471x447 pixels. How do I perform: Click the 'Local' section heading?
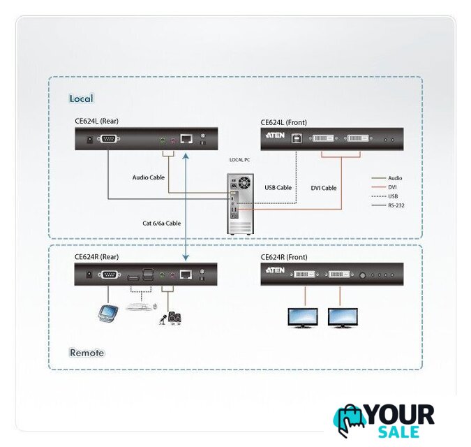81,98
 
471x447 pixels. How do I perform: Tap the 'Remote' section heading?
87,353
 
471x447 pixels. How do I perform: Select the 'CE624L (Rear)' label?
96,121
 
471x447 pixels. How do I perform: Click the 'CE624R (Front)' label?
284,257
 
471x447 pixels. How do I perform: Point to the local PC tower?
240,204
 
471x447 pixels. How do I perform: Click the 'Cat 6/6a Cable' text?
162,223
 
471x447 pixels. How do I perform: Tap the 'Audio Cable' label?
149,177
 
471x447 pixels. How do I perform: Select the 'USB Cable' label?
278,188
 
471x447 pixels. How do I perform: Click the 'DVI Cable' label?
324,188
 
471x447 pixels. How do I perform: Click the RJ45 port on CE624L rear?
186,138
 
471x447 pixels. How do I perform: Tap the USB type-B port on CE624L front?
297,138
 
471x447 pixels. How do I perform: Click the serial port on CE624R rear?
110,274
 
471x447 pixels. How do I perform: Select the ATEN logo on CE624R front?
275,270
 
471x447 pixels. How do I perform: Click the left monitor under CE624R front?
303,318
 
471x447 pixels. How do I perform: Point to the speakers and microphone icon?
170,318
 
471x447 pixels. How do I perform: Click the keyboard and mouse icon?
141,307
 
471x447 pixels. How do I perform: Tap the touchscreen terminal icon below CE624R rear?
107,314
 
